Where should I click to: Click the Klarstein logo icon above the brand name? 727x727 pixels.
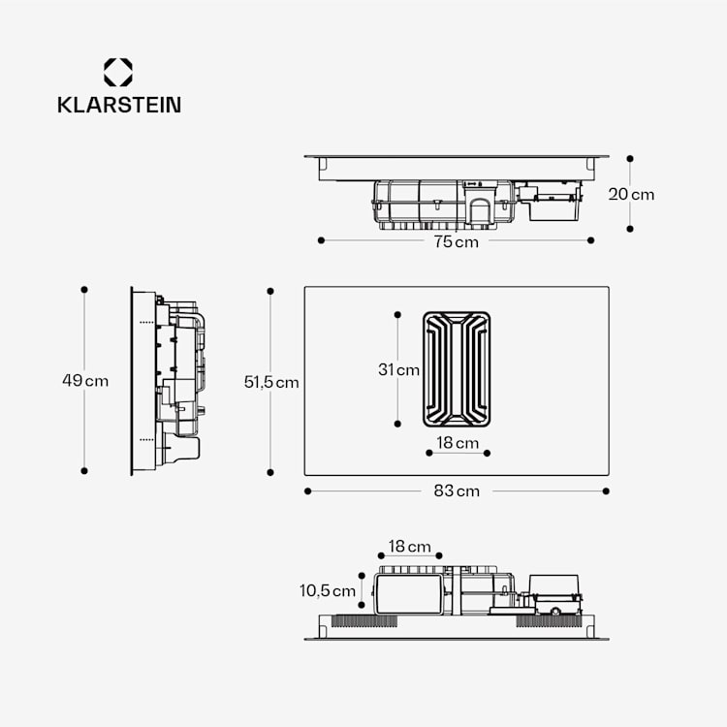coord(118,72)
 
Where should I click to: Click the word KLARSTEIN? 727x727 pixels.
coord(118,104)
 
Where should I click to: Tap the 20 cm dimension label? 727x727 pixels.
coord(631,194)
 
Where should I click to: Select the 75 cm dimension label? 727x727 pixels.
coord(456,241)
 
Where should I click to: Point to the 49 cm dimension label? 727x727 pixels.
coord(85,381)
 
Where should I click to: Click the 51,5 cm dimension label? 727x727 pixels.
coord(271,382)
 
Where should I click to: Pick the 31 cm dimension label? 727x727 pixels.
coord(398,369)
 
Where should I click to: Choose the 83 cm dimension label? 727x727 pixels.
coord(457,491)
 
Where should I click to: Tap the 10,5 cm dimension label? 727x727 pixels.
coord(329,590)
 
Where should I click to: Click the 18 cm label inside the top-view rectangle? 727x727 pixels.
coord(457,443)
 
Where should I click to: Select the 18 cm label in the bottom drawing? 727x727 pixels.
coord(409,547)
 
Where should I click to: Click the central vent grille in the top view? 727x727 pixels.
coord(457,368)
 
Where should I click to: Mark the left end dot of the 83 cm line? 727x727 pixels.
coord(307,491)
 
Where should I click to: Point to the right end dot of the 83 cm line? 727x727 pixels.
coord(607,491)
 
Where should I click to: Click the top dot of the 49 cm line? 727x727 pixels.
coord(84,289)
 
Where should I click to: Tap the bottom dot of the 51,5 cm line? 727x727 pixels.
coord(271,471)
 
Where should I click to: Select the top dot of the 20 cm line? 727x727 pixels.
coord(630,157)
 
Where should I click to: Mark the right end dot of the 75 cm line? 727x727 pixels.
coord(590,240)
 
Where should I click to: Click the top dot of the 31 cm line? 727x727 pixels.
coord(398,313)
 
